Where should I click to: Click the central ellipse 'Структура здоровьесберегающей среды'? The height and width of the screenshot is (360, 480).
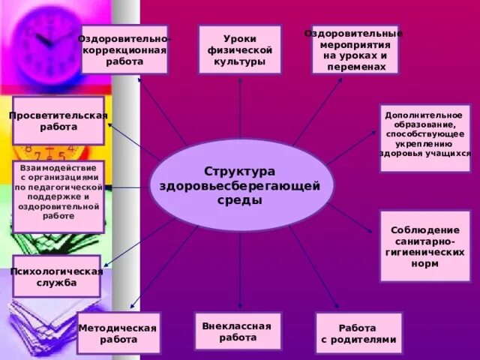[x=240, y=184]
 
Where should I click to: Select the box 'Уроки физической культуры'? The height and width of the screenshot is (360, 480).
[x=240, y=49]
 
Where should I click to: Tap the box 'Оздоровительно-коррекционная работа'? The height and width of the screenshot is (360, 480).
[x=124, y=49]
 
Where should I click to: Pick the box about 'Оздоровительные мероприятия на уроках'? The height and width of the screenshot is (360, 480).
[x=355, y=49]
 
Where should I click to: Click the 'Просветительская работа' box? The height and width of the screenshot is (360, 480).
[x=58, y=121]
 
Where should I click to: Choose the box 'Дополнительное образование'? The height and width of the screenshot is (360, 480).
[x=424, y=138]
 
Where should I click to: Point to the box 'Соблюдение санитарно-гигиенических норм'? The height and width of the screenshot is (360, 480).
[x=424, y=246]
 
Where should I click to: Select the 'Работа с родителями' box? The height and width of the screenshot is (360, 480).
[x=358, y=333]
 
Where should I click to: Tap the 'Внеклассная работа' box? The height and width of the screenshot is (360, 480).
[x=238, y=331]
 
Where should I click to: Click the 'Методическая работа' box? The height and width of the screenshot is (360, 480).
[x=118, y=333]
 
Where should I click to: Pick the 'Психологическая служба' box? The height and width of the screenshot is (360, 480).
[x=56, y=277]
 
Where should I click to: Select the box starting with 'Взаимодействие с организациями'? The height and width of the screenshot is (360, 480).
[x=58, y=196]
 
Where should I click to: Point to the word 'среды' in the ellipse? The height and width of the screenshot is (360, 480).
[x=240, y=201]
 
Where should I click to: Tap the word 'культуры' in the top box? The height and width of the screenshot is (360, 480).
[x=240, y=61]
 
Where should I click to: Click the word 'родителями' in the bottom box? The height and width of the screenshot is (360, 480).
[x=358, y=339]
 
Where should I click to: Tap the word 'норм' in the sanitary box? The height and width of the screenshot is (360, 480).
[x=424, y=264]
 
